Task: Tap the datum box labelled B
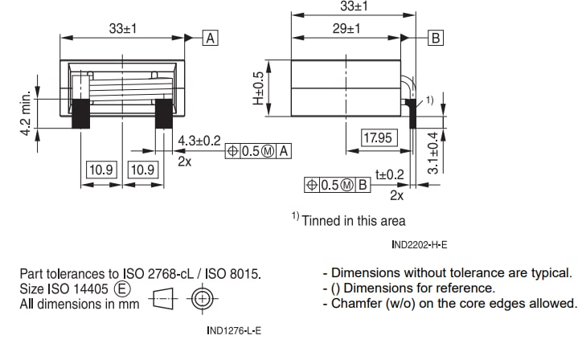tap(436, 38)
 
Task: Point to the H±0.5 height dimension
tap(258, 88)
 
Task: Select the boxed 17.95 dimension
tap(377, 138)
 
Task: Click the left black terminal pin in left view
tap(80, 113)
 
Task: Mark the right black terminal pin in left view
tap(163, 113)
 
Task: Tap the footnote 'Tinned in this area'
tap(353, 220)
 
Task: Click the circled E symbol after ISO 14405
tap(123, 288)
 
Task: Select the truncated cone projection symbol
tap(162, 304)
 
